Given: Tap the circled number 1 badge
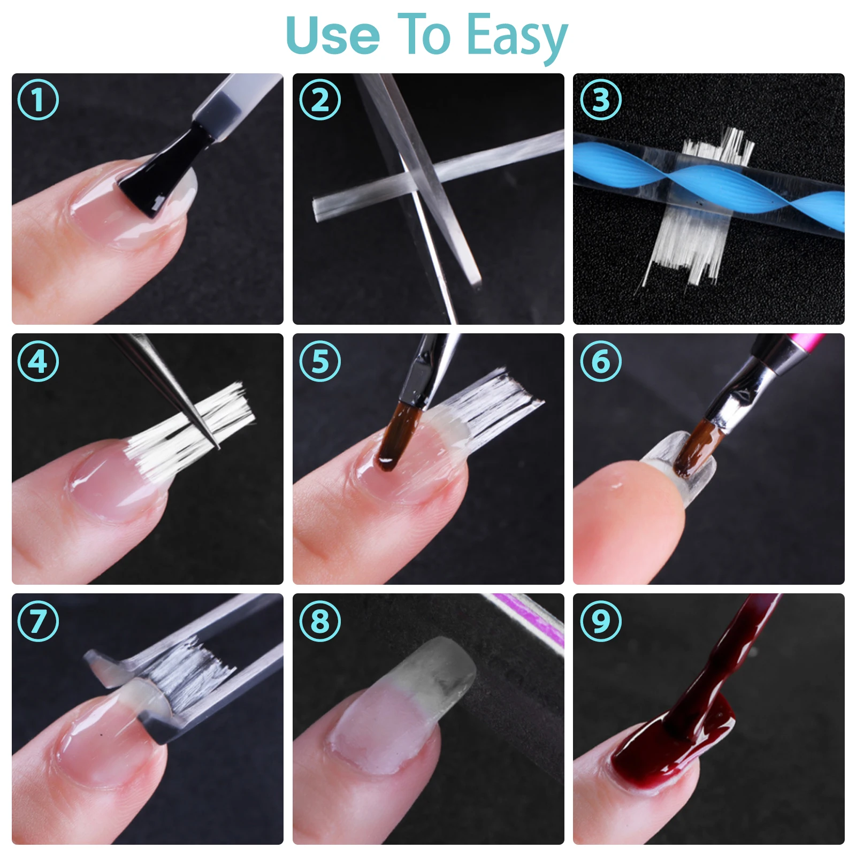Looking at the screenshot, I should click(38, 100).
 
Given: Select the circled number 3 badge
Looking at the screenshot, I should click(601, 100).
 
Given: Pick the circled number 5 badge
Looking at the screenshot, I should click(320, 361).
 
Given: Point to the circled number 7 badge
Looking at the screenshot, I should click(38, 621).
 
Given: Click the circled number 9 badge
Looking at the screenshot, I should click(601, 621).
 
